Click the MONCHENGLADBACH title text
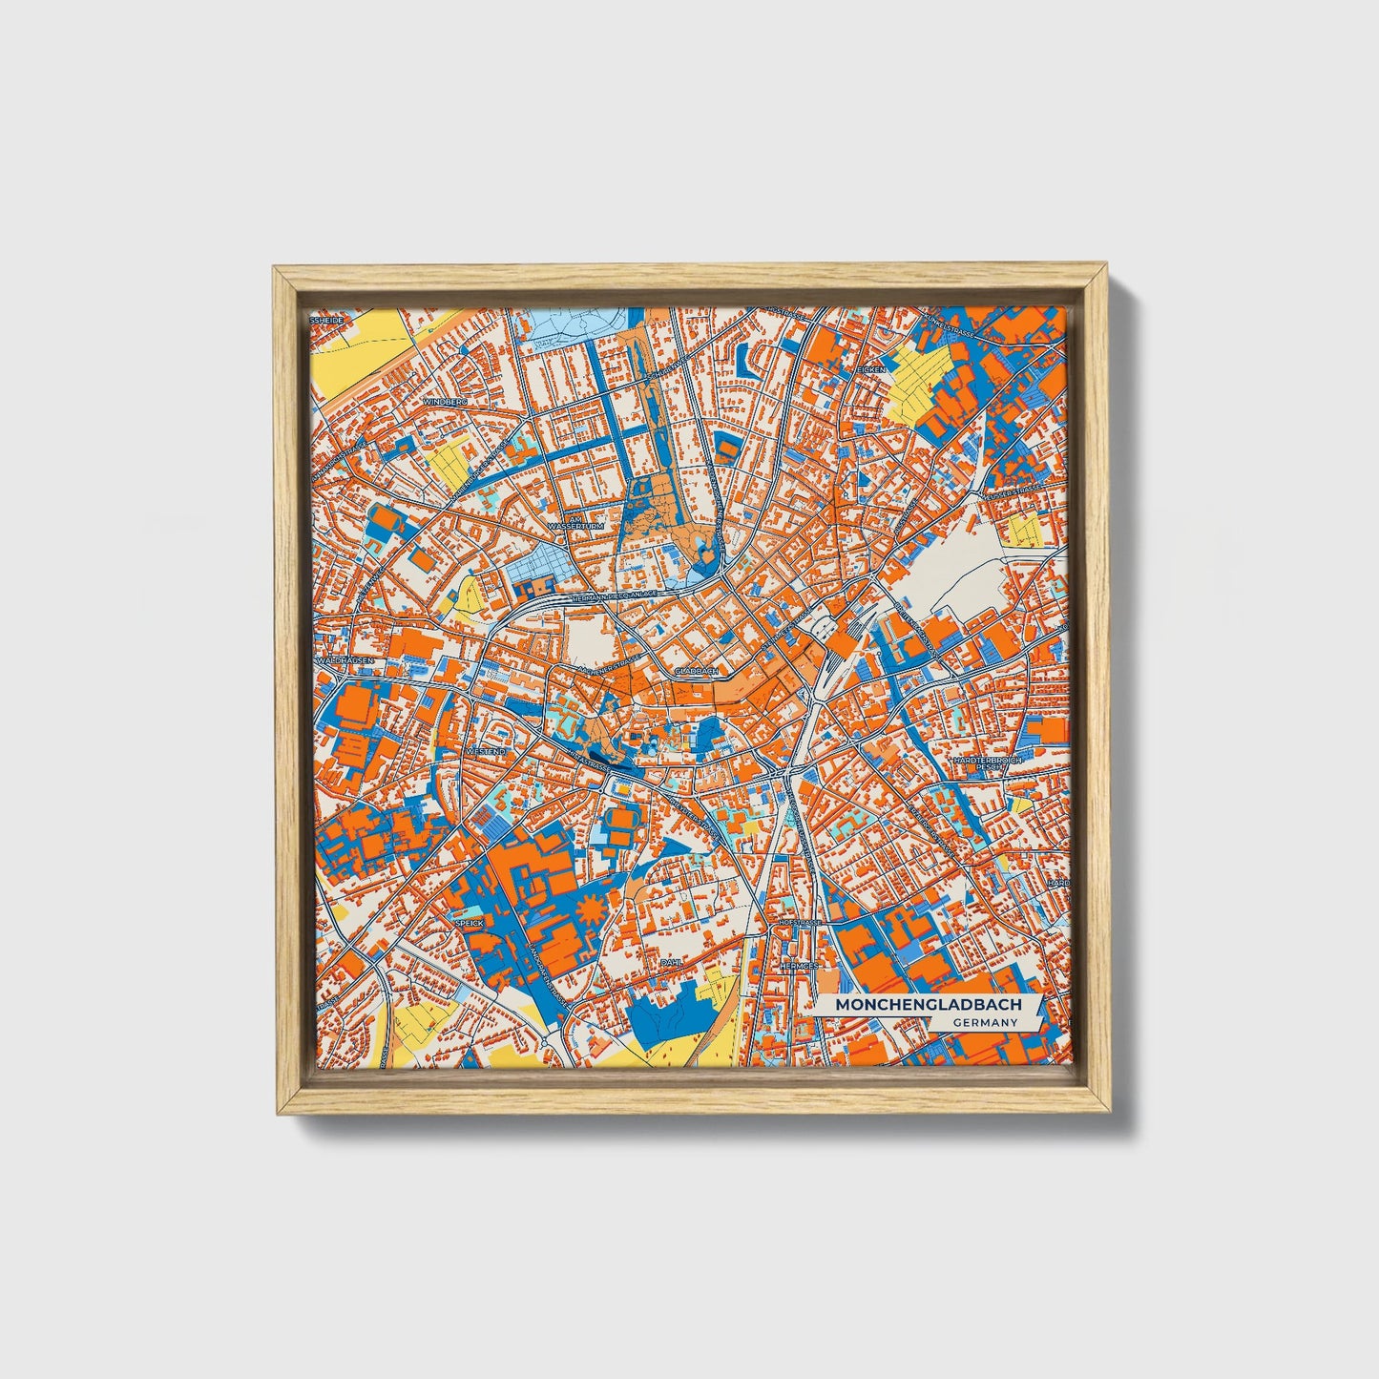914,1005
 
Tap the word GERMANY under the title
984,1022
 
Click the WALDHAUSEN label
341,659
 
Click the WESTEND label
485,752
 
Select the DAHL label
671,963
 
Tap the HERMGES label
799,966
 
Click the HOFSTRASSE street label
799,924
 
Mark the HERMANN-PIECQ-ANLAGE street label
611,597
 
